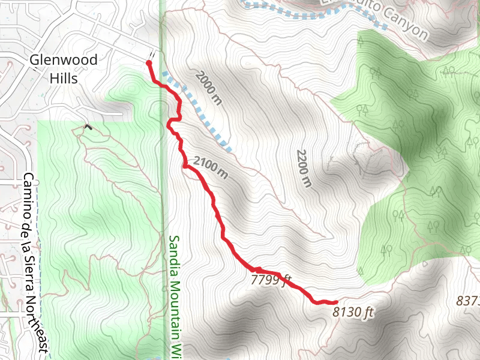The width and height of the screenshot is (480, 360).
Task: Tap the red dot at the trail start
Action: click(149, 62)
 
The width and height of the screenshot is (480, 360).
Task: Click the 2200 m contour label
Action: click(303, 169)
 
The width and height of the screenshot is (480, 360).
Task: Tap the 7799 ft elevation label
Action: click(271, 280)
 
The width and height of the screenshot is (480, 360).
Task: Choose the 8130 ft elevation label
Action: click(353, 312)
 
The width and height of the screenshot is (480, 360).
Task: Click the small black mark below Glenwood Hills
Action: click(89, 127)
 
